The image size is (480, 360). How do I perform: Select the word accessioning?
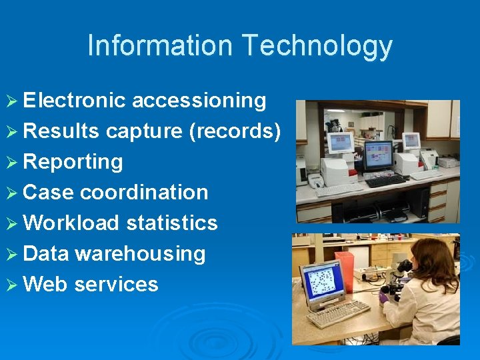click(199, 101)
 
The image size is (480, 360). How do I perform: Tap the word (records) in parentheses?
click(235, 131)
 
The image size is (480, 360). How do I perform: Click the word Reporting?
click(73, 162)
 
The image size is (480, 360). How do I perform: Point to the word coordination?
click(144, 193)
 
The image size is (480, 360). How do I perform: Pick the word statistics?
click(171, 223)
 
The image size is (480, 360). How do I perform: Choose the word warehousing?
click(140, 254)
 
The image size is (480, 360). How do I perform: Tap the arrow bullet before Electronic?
click(12, 101)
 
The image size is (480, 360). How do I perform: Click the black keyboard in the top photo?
click(385, 181)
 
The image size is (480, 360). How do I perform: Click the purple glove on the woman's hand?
click(384, 297)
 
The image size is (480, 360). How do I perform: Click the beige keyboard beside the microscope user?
click(338, 313)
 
